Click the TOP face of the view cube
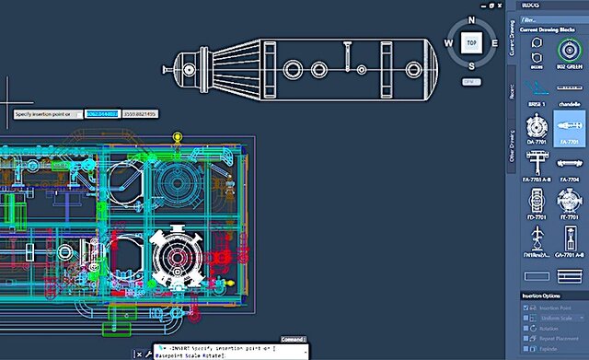[470, 42]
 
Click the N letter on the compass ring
[470, 19]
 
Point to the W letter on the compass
[449, 43]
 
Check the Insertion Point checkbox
[526, 308]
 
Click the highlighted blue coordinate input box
[101, 113]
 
